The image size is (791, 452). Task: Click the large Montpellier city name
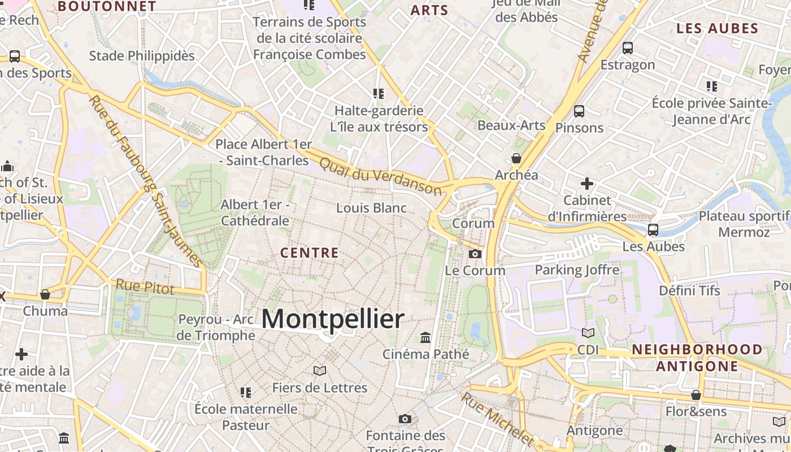(333, 319)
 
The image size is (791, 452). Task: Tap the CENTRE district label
(310, 253)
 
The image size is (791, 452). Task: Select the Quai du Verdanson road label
(380, 176)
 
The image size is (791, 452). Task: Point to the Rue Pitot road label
(145, 286)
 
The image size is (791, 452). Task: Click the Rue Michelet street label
(497, 419)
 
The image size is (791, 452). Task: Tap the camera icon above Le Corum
(475, 254)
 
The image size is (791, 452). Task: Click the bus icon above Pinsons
(579, 111)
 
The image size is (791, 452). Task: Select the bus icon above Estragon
(628, 48)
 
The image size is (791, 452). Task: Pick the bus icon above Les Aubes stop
(653, 230)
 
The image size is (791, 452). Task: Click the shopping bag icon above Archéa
(516, 158)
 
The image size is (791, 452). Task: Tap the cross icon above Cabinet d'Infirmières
(587, 184)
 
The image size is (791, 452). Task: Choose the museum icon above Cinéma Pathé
(425, 338)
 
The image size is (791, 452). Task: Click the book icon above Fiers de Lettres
(320, 371)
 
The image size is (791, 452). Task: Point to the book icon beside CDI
(588, 333)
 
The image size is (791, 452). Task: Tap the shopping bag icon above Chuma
(45, 294)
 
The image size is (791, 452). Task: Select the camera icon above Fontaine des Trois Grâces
(405, 419)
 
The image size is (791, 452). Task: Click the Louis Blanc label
(371, 208)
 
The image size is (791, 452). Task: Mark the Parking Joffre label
(577, 270)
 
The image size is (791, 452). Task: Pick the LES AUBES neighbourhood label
(717, 28)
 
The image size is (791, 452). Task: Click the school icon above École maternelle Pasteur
(246, 392)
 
